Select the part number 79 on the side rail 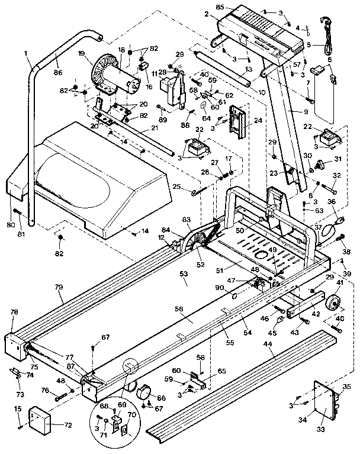58,286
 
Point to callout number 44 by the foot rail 268,343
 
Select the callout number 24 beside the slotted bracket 258,120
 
